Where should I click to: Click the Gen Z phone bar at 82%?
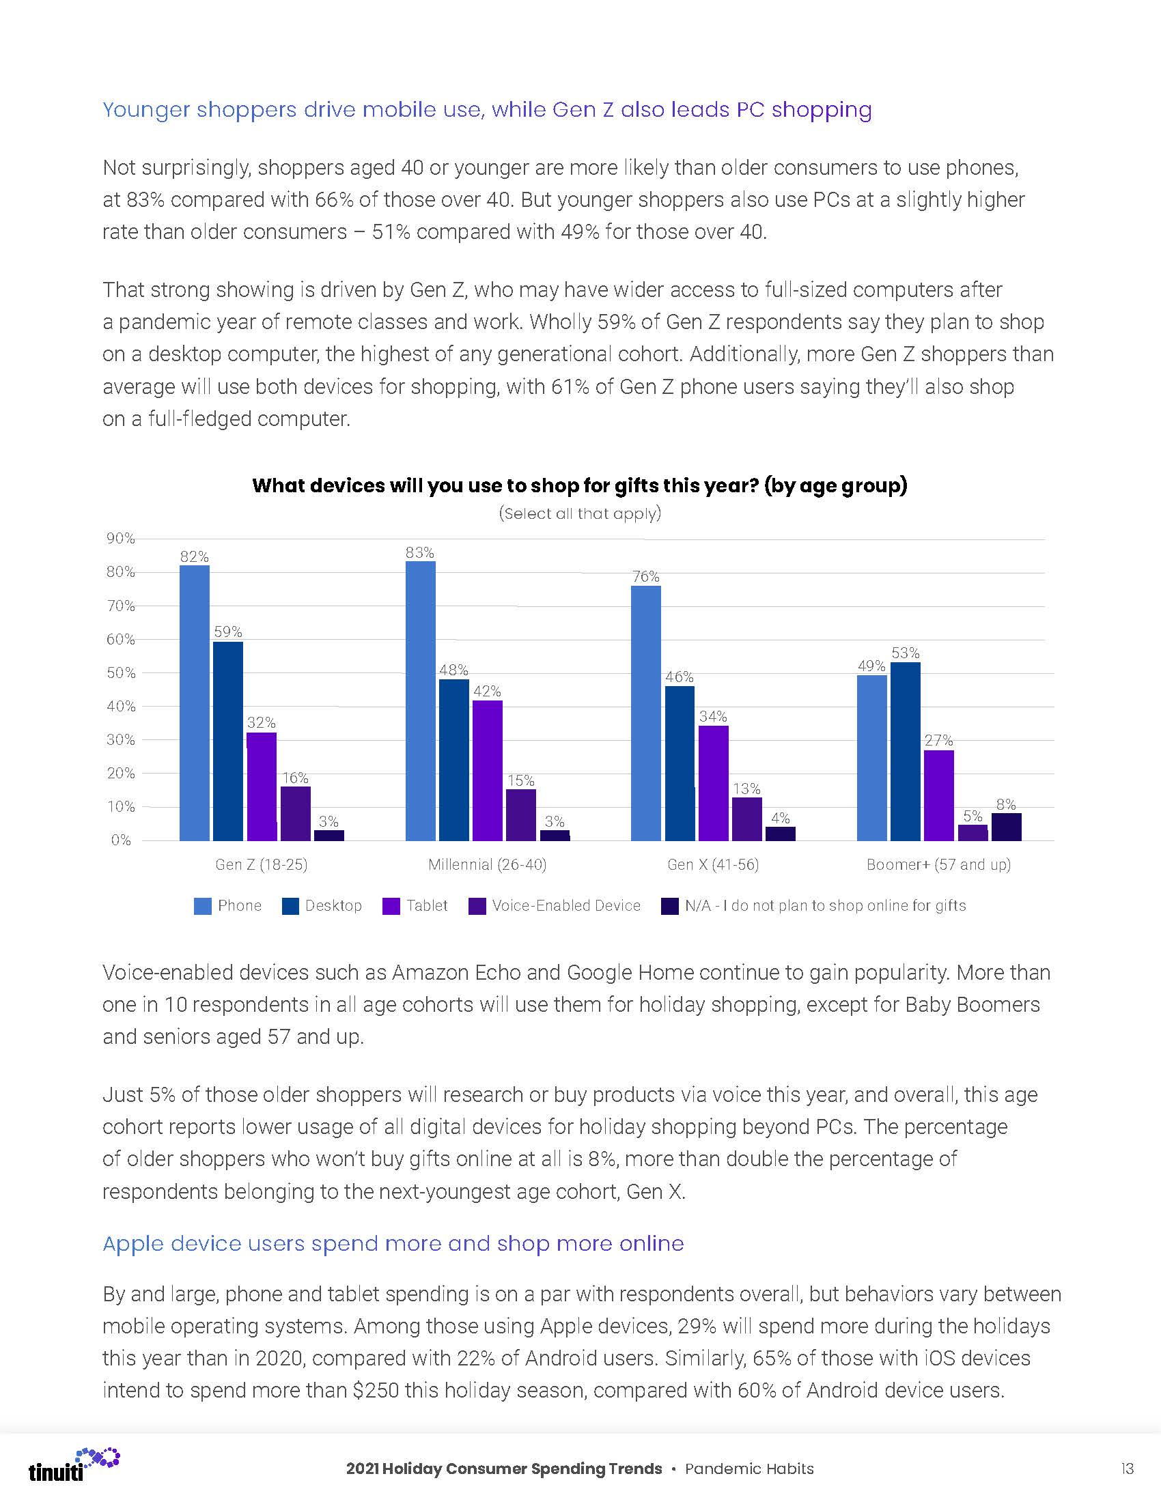tap(194, 702)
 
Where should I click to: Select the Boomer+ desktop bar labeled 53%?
tap(905, 751)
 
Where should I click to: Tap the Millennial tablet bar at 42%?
tap(487, 770)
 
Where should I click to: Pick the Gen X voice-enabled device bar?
tap(746, 819)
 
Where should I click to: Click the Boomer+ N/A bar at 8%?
tap(1005, 827)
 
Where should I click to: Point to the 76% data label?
tap(645, 576)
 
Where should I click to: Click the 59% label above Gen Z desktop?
tap(227, 632)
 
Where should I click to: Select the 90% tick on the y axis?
tap(120, 539)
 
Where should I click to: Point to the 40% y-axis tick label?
tap(120, 707)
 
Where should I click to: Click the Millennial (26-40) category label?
tap(487, 864)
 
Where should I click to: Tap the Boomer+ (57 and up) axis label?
tap(938, 864)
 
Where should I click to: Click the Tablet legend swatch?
tap(391, 906)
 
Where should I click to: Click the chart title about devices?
tap(579, 485)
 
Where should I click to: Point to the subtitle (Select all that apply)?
tap(579, 513)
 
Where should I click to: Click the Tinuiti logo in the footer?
tap(73, 1464)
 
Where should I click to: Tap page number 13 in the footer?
tap(1127, 1469)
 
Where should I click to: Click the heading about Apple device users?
tap(393, 1243)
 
